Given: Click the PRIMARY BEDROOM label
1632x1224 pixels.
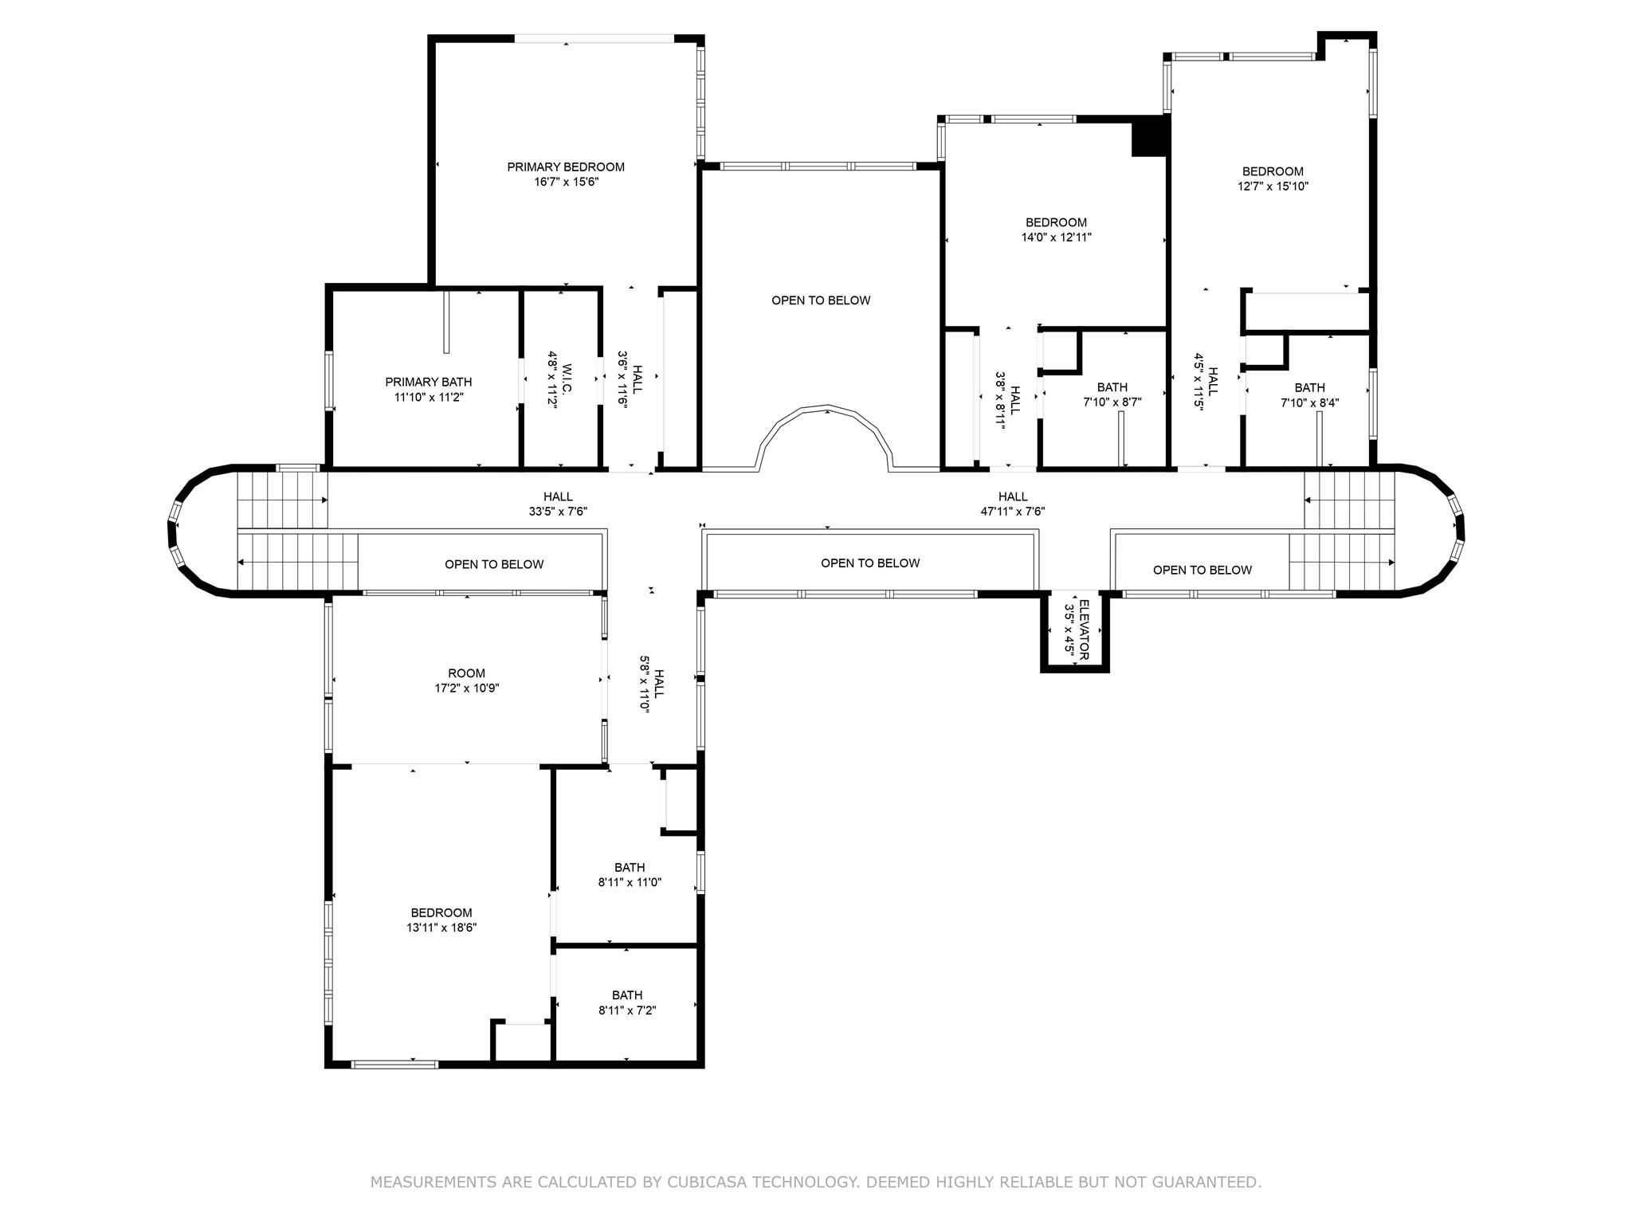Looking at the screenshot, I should coord(566,167).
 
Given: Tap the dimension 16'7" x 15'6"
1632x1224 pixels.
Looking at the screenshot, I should coord(566,182).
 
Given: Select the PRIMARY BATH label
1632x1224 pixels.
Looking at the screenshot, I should coord(429,382).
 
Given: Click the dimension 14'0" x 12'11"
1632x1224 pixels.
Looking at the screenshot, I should coord(1056,237).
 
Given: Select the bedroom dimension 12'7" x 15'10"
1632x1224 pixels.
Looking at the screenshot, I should coord(1273,186).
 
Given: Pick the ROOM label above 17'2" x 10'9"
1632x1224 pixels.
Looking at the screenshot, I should coord(466,673).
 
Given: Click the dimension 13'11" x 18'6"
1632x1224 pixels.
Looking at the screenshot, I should coord(441,928).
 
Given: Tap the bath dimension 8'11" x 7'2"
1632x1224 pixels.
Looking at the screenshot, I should coord(627,1010).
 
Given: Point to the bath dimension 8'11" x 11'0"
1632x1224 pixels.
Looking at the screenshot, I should coord(630,882).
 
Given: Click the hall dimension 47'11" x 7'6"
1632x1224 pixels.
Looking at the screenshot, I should coord(1012,512).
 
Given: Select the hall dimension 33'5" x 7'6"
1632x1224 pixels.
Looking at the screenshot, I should coord(558,512).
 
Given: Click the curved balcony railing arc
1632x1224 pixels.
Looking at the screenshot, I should coord(826,411).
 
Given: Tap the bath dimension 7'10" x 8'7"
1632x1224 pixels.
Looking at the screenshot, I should coord(1112,402).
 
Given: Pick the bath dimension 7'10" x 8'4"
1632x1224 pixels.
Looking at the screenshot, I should coord(1309,403).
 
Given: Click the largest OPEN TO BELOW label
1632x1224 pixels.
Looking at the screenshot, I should coord(821,300).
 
